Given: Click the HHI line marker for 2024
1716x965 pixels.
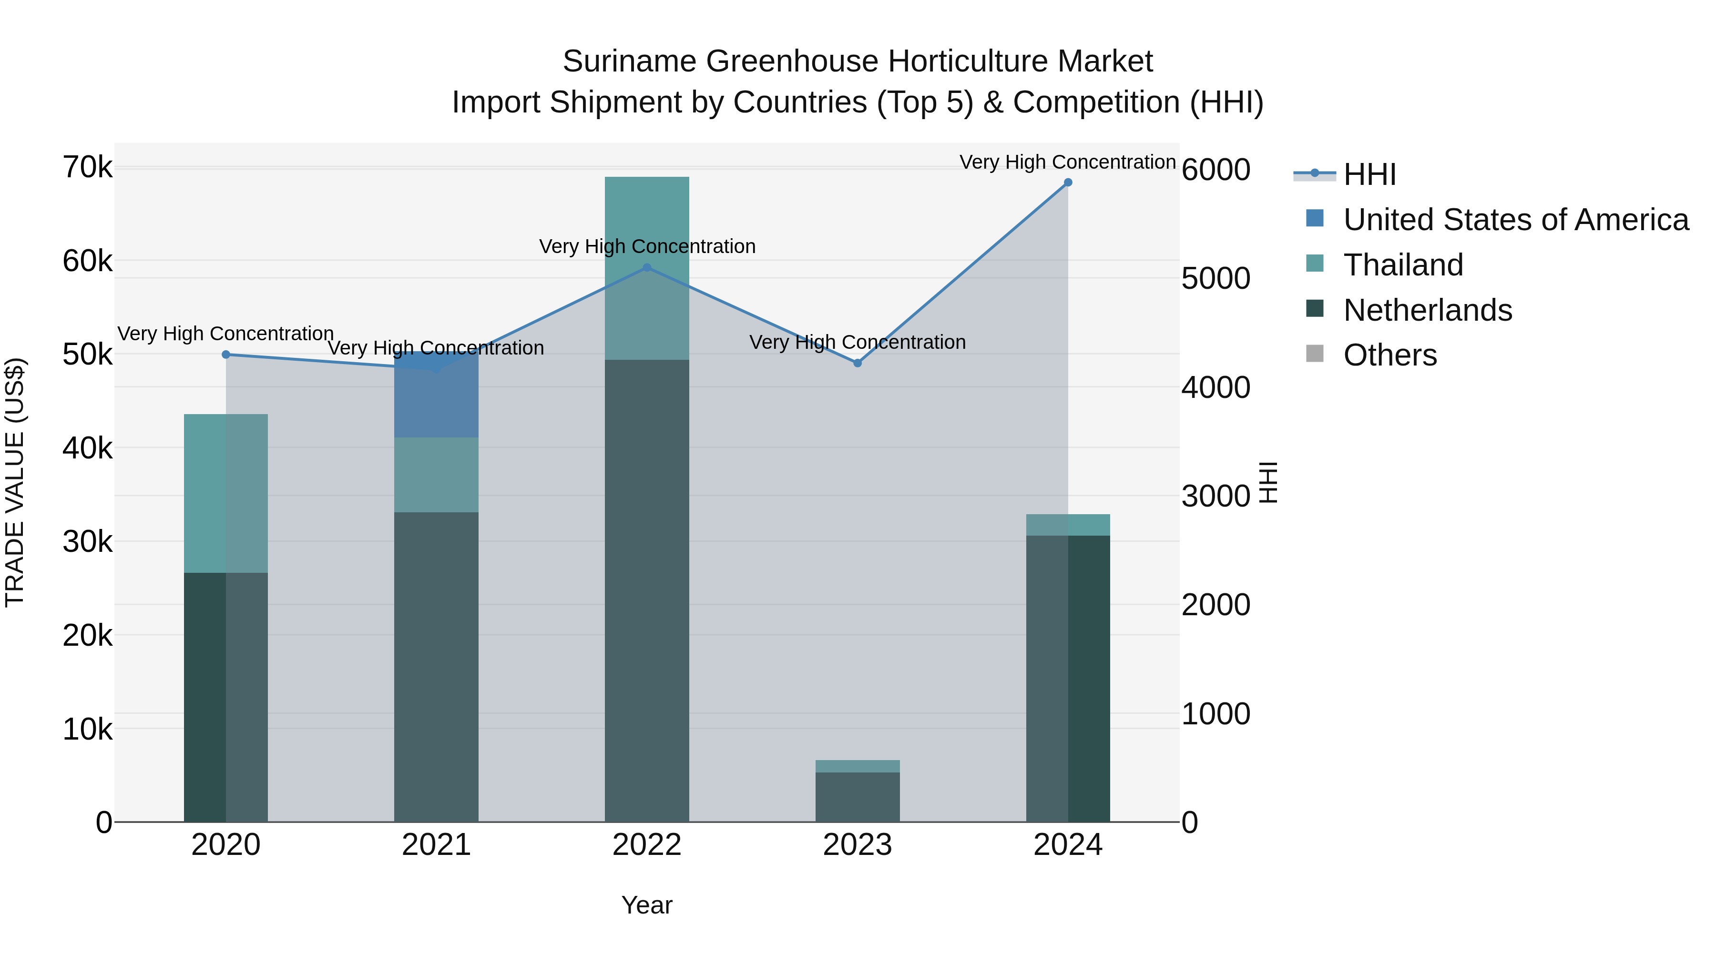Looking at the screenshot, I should pyautogui.click(x=1068, y=183).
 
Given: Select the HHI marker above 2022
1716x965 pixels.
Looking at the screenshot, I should pyautogui.click(x=647, y=268).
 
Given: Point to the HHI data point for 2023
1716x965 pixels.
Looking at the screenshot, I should pyautogui.click(x=858, y=363).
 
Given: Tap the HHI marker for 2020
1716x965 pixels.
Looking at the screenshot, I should pyautogui.click(x=226, y=355).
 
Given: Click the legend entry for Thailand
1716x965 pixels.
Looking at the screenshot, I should pyautogui.click(x=1403, y=265).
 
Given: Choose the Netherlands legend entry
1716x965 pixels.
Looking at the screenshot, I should pyautogui.click(x=1427, y=310).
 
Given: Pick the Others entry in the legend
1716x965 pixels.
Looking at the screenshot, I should pyautogui.click(x=1389, y=356).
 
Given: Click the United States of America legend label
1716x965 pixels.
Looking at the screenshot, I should pyautogui.click(x=1515, y=220).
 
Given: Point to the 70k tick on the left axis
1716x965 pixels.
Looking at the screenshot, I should pyautogui.click(x=87, y=167).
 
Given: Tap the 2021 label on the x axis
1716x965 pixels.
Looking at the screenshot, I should pyautogui.click(x=436, y=845).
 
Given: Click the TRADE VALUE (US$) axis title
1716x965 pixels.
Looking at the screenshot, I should pyautogui.click(x=15, y=482).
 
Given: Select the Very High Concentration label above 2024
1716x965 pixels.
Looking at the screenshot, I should pyautogui.click(x=1067, y=162).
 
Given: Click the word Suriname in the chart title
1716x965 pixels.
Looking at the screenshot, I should pyautogui.click(x=630, y=61).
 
